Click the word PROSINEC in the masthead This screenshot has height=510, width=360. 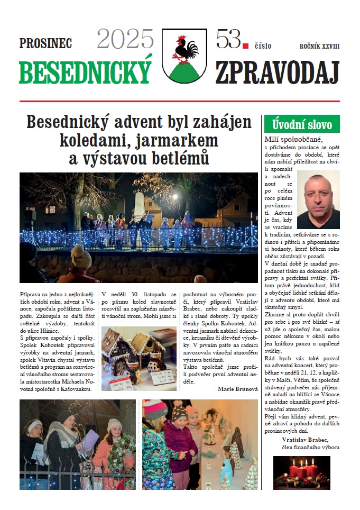(45, 44)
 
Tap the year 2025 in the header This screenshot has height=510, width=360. (125, 40)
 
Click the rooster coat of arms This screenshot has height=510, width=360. (184, 55)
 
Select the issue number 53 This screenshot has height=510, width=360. (228, 40)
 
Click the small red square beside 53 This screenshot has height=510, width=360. (245, 46)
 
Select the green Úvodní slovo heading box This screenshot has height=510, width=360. (301, 125)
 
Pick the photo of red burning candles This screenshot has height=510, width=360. (301, 472)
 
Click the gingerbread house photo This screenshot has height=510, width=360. (139, 358)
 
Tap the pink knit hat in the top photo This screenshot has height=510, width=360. (81, 258)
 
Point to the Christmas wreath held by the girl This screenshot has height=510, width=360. (121, 453)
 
